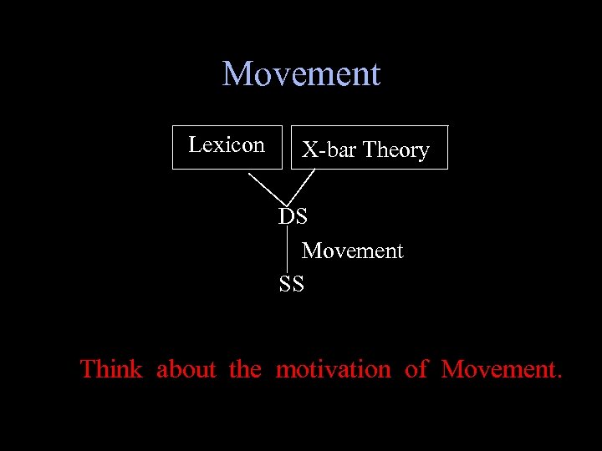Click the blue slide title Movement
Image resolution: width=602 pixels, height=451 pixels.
click(x=301, y=74)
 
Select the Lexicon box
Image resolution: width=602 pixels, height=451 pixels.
click(x=227, y=147)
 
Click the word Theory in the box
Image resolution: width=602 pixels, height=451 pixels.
click(x=395, y=150)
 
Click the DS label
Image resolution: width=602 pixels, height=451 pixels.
click(x=293, y=216)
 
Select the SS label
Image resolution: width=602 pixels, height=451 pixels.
click(x=292, y=284)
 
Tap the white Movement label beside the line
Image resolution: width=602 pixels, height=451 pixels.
click(x=352, y=251)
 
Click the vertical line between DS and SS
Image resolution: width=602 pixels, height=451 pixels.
click(x=288, y=250)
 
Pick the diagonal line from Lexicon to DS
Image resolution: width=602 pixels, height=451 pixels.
click(x=268, y=188)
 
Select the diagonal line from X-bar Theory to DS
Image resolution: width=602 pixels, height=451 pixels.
click(x=304, y=185)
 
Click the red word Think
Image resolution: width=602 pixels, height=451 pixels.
click(x=110, y=369)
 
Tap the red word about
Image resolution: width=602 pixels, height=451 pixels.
click(x=186, y=369)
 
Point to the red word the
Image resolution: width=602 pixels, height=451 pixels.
click(x=245, y=369)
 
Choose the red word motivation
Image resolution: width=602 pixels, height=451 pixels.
click(x=333, y=369)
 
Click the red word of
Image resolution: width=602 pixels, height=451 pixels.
click(x=416, y=369)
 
